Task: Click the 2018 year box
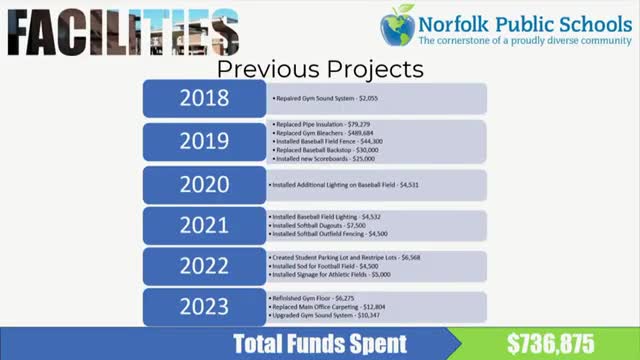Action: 204,98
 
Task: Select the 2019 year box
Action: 204,141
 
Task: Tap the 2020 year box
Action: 204,185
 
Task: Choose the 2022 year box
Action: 204,266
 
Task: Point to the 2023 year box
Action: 204,308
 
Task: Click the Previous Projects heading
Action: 320,69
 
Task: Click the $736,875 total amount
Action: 550,344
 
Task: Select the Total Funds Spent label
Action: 319,344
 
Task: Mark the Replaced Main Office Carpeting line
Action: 329,307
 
